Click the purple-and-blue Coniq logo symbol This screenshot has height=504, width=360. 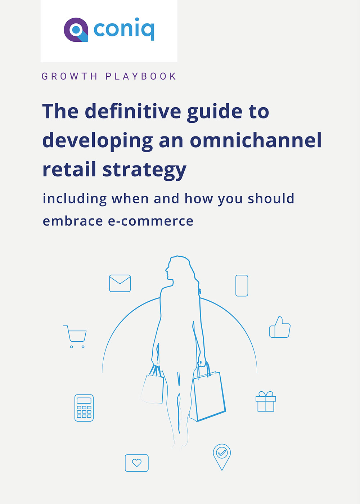tap(76, 30)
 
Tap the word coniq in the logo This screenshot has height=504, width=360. tap(124, 29)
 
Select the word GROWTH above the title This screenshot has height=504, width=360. tap(69, 76)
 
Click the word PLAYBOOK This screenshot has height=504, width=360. tap(141, 76)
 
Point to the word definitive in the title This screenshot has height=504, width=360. tap(133, 111)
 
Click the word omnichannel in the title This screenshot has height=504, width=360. tap(256, 140)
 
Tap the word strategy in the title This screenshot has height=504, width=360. tap(144, 170)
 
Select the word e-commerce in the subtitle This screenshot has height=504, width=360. tap(150, 221)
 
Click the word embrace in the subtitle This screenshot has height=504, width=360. tap(73, 221)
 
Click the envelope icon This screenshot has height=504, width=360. tap(120, 283)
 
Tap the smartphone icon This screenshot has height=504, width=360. tap(242, 285)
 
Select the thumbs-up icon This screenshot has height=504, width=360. tap(280, 327)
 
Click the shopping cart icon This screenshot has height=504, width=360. tap(75, 337)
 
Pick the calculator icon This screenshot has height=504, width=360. tap(84, 408)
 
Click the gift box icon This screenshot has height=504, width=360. tap(266, 401)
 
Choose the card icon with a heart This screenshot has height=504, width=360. tap(136, 463)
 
